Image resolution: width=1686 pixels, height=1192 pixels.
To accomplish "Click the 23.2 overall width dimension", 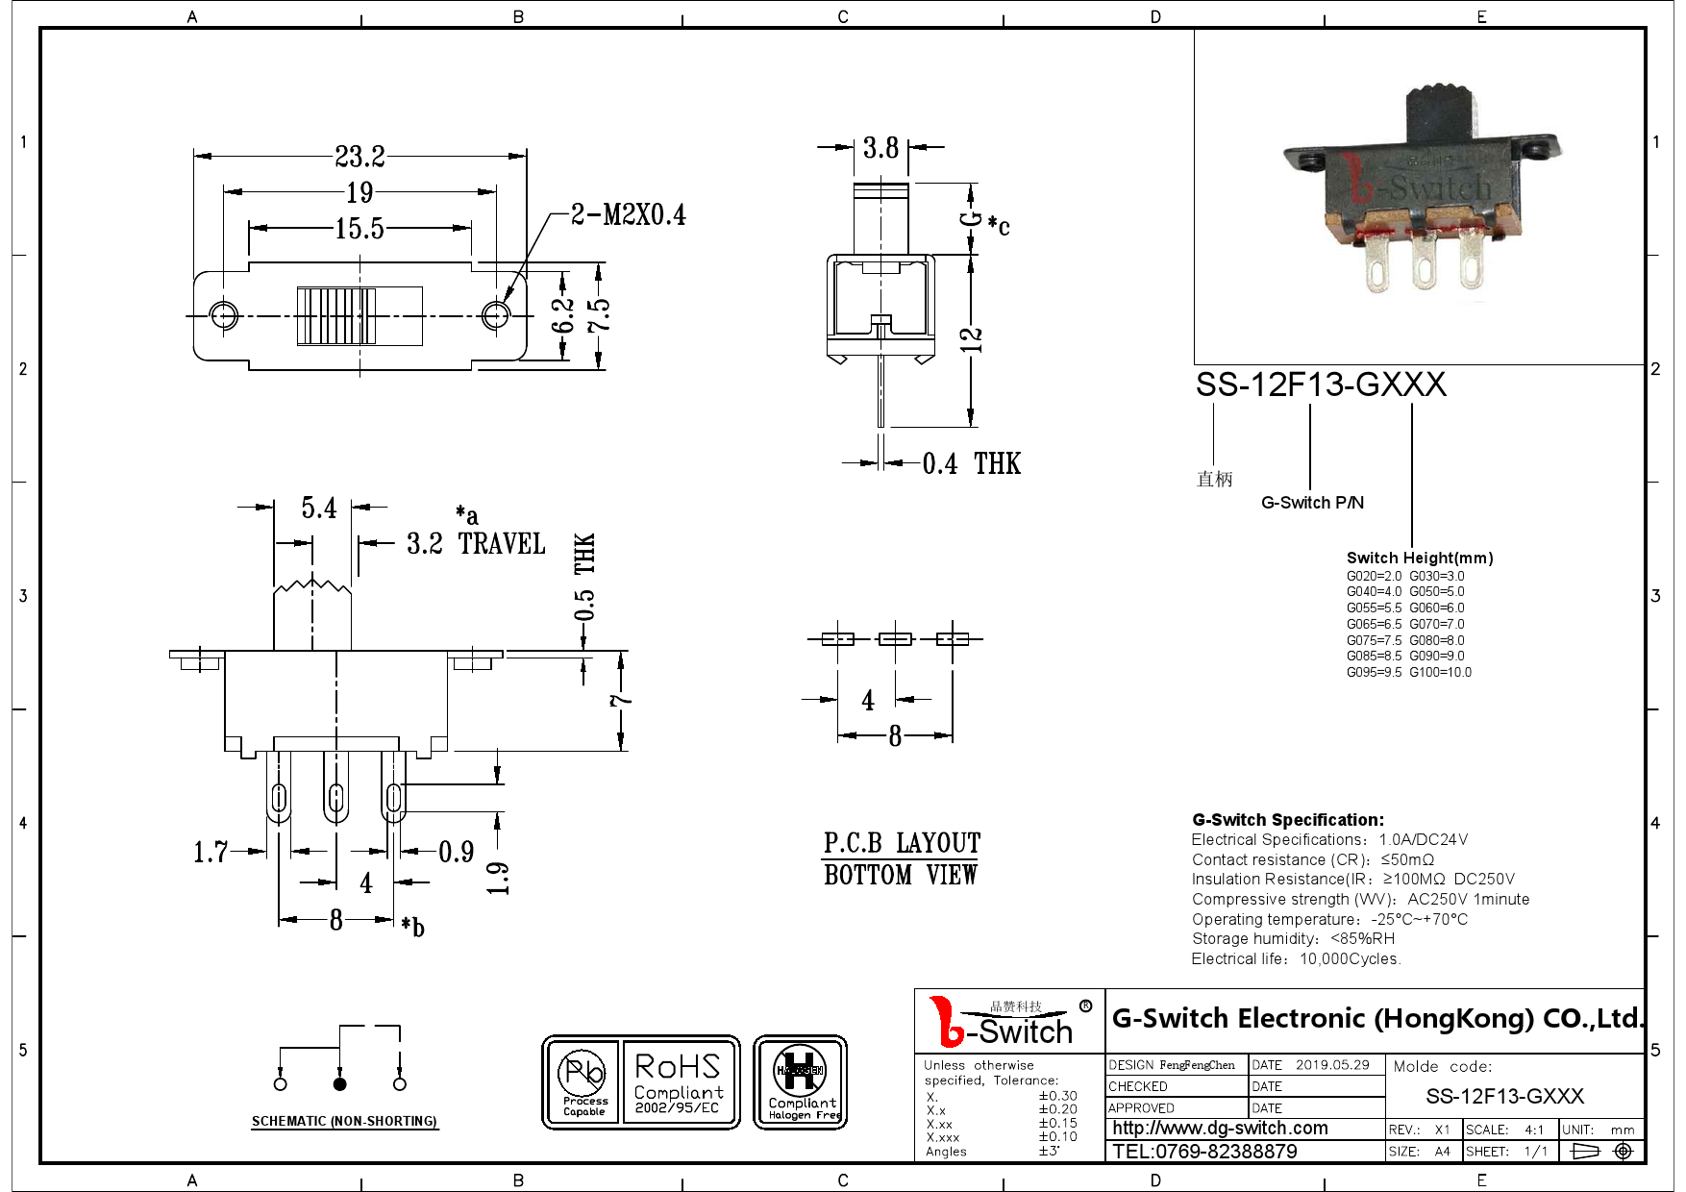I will (x=360, y=155).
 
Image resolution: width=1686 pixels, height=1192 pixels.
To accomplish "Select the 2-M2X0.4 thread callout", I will (x=628, y=214).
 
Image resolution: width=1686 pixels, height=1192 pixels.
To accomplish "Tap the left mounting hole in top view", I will (x=224, y=315).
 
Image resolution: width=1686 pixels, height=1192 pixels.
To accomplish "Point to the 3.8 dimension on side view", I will (x=880, y=147).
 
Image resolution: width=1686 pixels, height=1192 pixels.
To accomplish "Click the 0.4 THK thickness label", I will (x=970, y=463).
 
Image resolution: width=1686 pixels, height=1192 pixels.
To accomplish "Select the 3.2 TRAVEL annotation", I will (x=475, y=543).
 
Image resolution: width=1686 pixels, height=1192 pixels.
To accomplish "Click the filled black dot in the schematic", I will (x=339, y=1083).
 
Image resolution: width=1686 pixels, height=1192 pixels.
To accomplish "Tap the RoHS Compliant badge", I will (x=678, y=1082).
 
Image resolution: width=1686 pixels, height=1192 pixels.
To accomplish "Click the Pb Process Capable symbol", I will (x=583, y=1082).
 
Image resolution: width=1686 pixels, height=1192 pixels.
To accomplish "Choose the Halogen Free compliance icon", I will (x=800, y=1082).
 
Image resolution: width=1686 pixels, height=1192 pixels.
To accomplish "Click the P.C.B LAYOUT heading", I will (x=901, y=843).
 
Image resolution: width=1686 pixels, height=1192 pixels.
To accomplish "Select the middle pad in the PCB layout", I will (x=895, y=638).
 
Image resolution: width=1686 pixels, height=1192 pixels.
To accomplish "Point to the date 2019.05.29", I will (x=1331, y=1064).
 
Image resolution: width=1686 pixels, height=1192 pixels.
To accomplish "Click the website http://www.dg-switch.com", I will (x=1220, y=1129).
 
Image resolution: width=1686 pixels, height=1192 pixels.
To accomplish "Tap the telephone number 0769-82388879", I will (x=1204, y=1151).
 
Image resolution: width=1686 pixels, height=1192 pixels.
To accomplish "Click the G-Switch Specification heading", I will (x=1287, y=820).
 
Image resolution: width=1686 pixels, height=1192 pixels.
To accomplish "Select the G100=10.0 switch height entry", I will (x=1440, y=672).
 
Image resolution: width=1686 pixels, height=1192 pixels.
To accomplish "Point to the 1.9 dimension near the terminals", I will (x=497, y=877).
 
